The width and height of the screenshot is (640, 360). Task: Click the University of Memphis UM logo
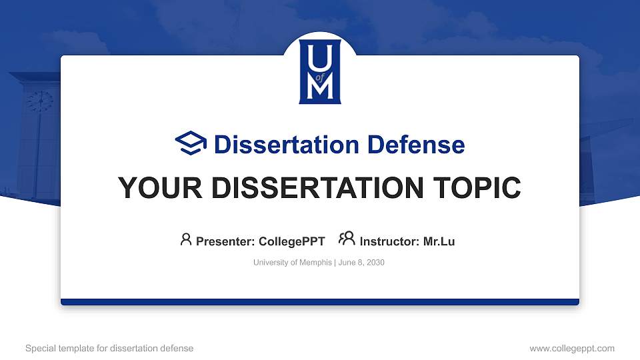(x=320, y=71)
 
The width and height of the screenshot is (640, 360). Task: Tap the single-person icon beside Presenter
(x=186, y=239)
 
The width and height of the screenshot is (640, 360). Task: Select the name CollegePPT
(x=293, y=241)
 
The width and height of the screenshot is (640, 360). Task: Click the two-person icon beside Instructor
(x=347, y=239)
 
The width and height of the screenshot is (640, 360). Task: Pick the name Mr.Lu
(x=439, y=241)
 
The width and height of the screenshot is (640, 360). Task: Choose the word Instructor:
(x=390, y=241)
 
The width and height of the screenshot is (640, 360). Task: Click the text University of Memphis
(x=292, y=263)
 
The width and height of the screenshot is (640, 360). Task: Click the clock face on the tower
(x=39, y=101)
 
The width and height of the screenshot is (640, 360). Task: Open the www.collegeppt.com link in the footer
(x=571, y=348)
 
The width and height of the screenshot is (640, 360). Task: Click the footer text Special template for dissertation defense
(x=109, y=348)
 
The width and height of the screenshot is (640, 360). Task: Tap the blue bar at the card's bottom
(x=320, y=302)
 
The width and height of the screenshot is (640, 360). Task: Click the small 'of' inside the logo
(x=320, y=76)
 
